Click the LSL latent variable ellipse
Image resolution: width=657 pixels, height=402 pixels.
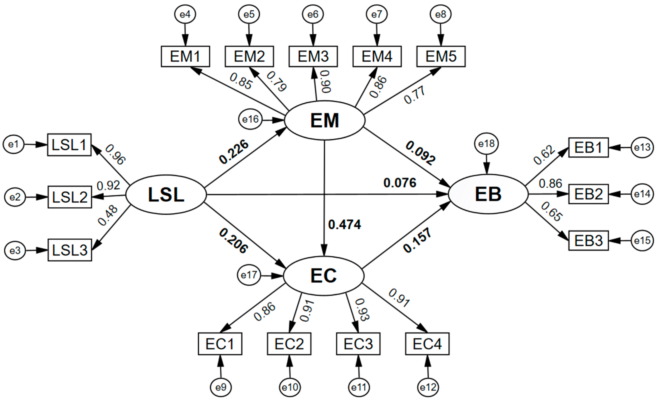(x=166, y=194)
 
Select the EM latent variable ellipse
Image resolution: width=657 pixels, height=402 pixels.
(x=325, y=120)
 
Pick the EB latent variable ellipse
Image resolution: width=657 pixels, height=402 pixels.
(x=488, y=194)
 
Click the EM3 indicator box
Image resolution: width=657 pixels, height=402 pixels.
(x=313, y=56)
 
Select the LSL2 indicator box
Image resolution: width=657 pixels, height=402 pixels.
(x=70, y=197)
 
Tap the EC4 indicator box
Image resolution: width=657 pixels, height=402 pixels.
(x=427, y=344)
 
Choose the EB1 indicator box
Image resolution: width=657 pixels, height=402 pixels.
(x=588, y=147)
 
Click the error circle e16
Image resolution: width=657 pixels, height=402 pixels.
(x=250, y=119)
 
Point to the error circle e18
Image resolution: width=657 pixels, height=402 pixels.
(x=486, y=144)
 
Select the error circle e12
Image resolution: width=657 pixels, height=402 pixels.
(x=428, y=387)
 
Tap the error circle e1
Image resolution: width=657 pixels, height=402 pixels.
(x=13, y=144)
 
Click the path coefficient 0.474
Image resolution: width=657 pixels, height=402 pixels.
(x=345, y=225)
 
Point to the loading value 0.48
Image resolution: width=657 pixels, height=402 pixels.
(x=107, y=215)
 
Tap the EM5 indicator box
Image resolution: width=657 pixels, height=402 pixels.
(x=441, y=56)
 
